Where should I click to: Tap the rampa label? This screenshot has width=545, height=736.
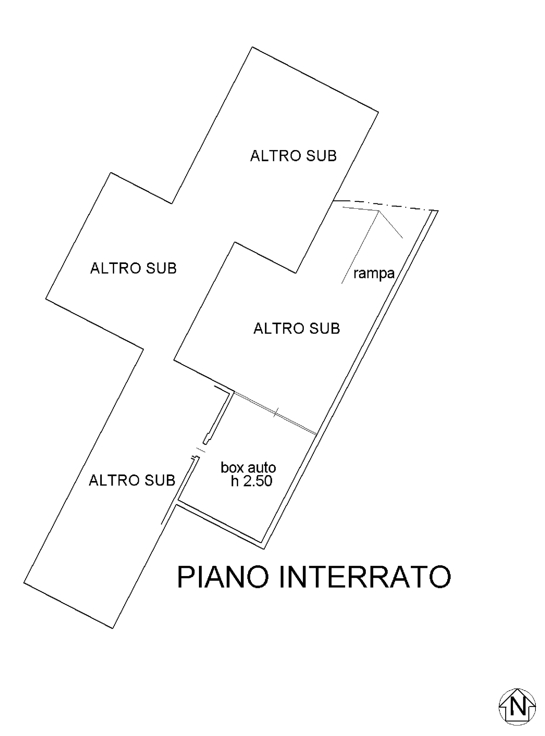point(374,273)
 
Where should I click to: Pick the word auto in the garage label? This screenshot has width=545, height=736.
point(262,467)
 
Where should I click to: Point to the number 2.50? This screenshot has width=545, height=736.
point(258,481)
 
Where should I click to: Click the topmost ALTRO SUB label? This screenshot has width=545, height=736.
point(293,156)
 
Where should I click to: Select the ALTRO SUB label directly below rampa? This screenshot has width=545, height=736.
point(297,328)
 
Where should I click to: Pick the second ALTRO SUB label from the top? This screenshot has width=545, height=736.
point(133,268)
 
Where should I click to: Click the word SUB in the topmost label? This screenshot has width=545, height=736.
point(321,156)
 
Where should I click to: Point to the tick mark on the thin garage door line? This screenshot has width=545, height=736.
point(276,412)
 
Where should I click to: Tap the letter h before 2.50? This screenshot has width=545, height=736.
point(235,481)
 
